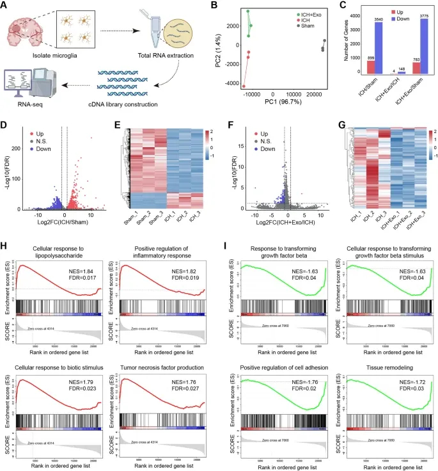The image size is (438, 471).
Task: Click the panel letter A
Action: [6, 6]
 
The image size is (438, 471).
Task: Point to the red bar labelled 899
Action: [371, 67]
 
